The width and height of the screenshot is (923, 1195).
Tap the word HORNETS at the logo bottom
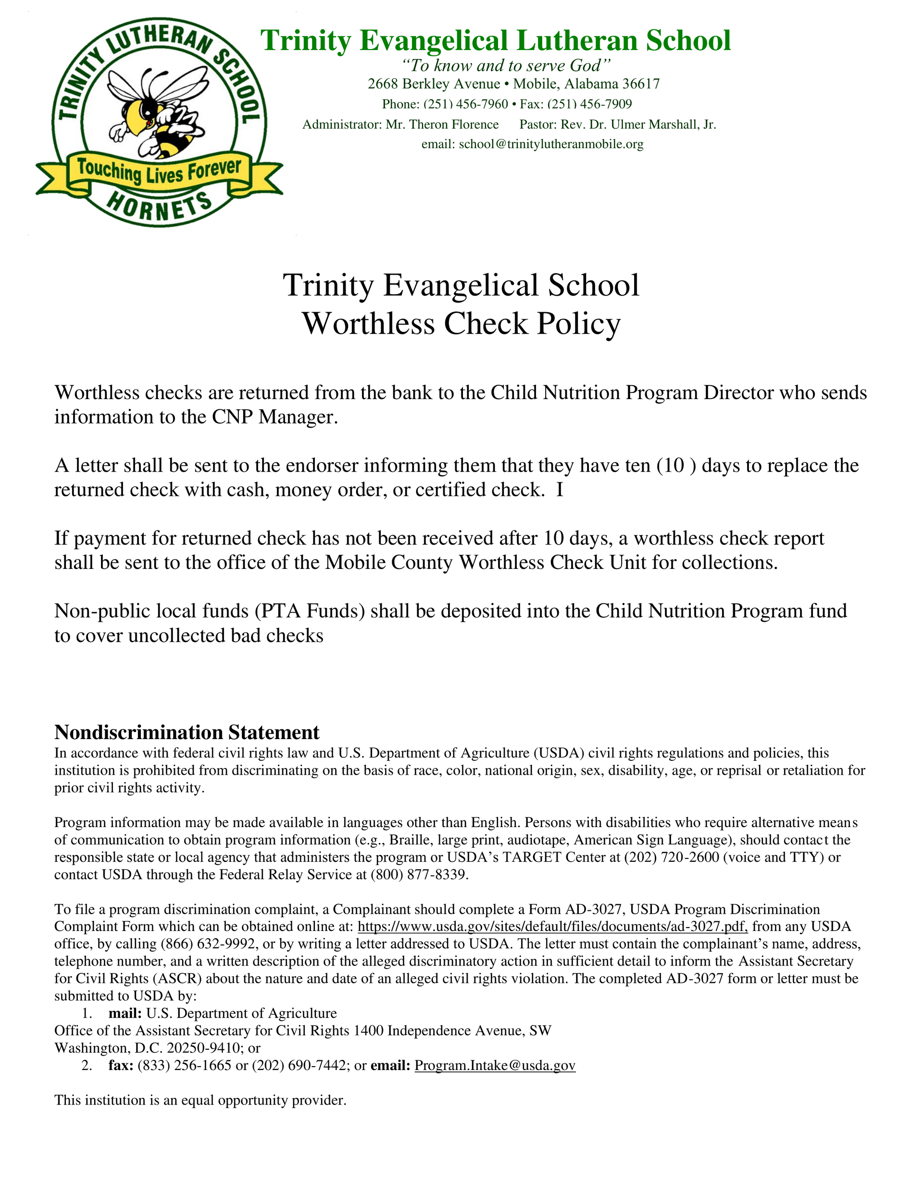coord(159,206)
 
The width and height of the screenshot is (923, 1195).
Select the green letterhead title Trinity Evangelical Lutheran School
coord(495,41)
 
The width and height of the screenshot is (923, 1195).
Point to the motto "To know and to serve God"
coord(506,66)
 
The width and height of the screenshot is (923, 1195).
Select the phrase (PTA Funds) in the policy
coord(310,611)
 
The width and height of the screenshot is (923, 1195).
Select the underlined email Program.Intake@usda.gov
coord(495,1065)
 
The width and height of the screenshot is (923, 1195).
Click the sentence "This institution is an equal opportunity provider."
coord(200,1100)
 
